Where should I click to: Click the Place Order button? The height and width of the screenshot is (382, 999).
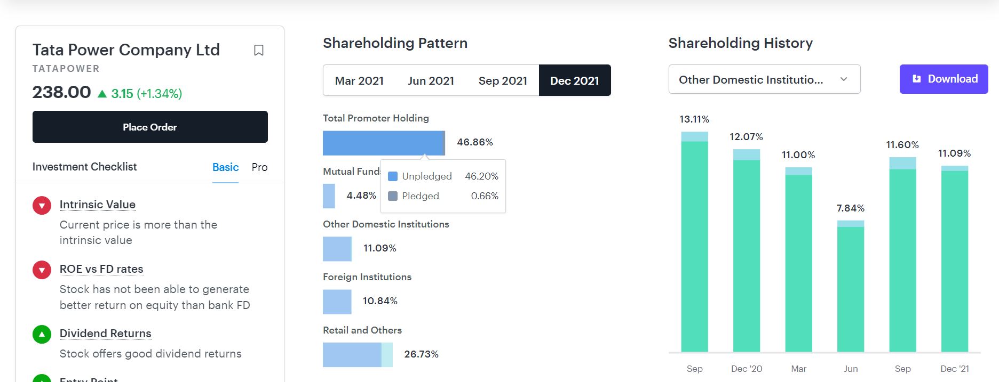150,127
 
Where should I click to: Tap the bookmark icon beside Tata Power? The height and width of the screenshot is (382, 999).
259,50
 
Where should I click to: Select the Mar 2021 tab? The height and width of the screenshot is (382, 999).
359,80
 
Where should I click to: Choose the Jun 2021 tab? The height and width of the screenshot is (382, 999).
431,80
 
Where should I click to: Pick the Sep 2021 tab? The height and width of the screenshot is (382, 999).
503,80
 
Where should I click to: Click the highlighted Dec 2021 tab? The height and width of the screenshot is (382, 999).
575,80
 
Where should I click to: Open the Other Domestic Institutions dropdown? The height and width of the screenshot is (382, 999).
764,79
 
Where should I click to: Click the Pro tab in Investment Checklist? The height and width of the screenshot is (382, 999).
259,167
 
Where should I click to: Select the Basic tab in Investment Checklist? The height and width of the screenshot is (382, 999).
225,167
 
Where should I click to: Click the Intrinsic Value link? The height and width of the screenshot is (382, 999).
98,205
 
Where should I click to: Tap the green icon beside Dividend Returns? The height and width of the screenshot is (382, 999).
42,334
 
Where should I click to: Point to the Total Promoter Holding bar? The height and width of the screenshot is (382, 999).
383,143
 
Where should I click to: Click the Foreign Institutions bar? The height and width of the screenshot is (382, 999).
337,302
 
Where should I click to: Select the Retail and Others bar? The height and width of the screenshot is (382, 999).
357,355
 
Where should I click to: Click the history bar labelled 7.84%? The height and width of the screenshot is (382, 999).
851,288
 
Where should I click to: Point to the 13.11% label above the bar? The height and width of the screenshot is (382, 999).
694,119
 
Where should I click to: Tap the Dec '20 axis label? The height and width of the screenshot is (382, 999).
747,369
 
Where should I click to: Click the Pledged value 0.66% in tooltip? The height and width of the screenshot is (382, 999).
485,196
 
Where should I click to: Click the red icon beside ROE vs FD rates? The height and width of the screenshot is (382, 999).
42,270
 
